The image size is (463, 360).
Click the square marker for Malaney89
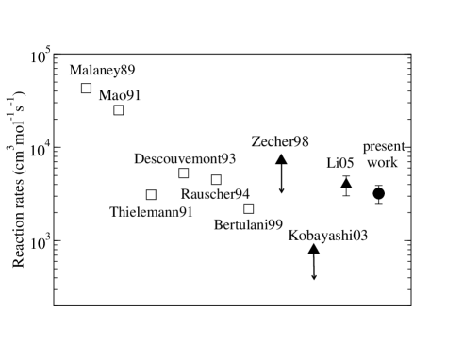86,89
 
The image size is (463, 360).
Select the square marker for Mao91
119,110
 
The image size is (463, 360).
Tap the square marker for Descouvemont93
183,172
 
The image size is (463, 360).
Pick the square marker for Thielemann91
151,195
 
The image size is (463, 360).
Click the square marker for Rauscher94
216,179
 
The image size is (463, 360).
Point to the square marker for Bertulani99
249,208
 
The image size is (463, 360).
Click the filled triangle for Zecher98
281,159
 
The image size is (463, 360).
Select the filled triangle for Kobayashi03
314,250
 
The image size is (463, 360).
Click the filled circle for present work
378,193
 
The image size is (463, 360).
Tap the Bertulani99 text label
249,225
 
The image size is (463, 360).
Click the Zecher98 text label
280,140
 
